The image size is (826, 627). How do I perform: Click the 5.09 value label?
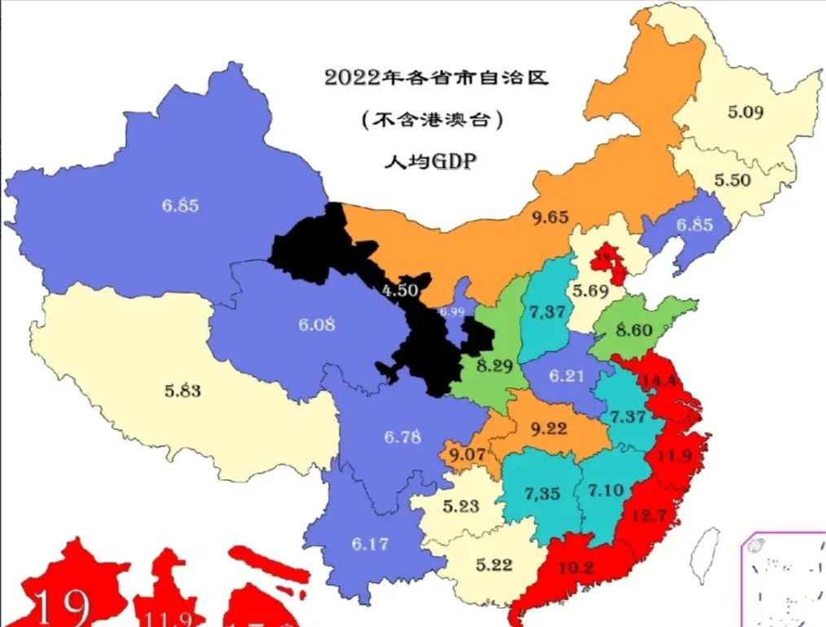tap(745, 113)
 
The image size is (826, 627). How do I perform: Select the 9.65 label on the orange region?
tap(550, 218)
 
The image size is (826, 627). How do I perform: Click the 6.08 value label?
tap(316, 325)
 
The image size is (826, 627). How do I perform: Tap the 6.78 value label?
tap(402, 436)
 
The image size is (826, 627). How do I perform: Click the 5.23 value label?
tap(461, 505)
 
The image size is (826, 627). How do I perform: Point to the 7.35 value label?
tap(542, 493)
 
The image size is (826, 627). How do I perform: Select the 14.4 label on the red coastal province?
tap(661, 381)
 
